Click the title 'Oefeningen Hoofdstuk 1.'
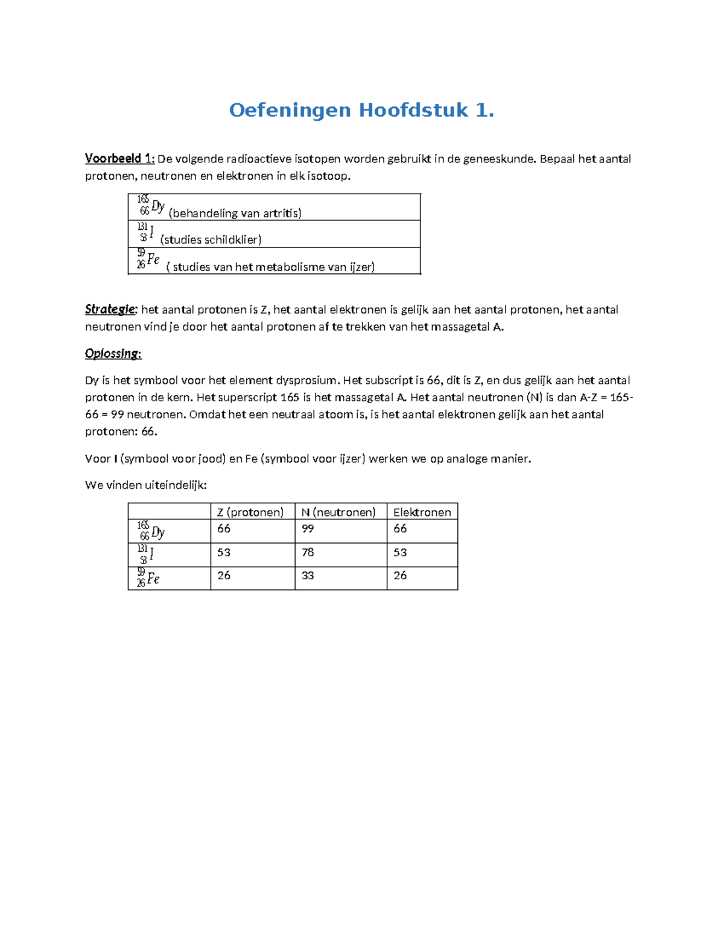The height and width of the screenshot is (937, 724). click(x=361, y=110)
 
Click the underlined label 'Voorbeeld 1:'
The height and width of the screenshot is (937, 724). click(x=119, y=159)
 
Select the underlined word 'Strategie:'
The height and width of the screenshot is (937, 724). click(x=111, y=310)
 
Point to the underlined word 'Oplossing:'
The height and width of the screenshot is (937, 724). click(x=113, y=354)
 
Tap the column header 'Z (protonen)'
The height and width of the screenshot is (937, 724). click(x=250, y=512)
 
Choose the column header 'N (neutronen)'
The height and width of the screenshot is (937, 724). click(x=338, y=512)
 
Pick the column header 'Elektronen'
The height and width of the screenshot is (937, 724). click(x=422, y=512)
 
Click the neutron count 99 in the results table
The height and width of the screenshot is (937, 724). click(x=308, y=529)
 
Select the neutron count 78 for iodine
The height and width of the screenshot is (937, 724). click(x=308, y=552)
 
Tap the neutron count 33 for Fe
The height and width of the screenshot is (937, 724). click(x=308, y=576)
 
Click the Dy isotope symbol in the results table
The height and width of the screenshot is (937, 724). click(x=151, y=531)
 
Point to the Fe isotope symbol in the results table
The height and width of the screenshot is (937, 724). click(x=148, y=578)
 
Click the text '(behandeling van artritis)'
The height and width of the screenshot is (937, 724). click(x=235, y=213)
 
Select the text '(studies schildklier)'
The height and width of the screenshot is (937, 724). click(x=211, y=240)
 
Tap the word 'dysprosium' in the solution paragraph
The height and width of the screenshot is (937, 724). click(x=307, y=381)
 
